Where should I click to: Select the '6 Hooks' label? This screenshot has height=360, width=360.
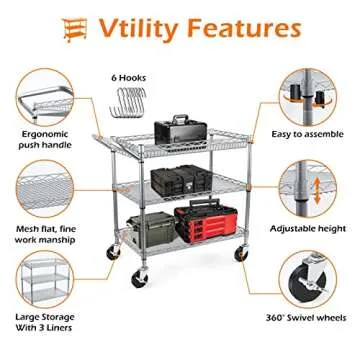(128, 75)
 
